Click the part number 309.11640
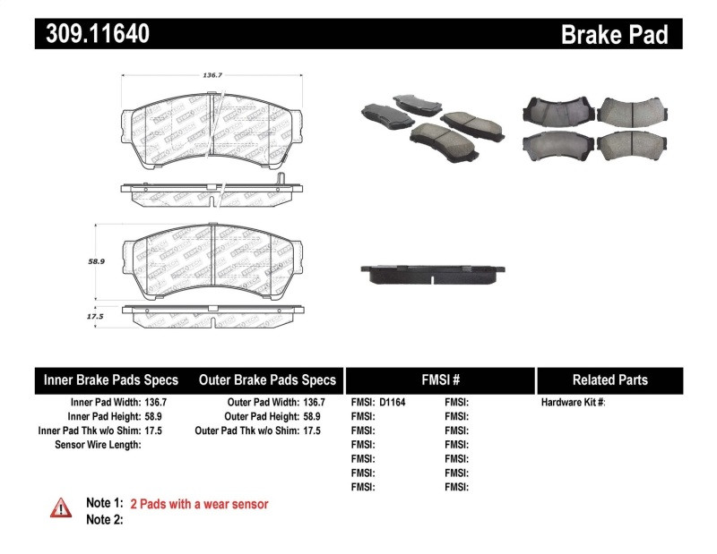[92, 35]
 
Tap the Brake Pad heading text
[614, 35]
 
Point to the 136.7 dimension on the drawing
[212, 76]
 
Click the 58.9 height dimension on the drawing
[97, 261]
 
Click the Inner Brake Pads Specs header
[111, 379]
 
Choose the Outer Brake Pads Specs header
[268, 379]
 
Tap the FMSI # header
[440, 379]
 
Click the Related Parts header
[609, 379]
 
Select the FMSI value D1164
[393, 403]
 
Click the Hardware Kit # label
[573, 403]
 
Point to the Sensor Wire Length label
[99, 445]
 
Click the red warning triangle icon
[60, 507]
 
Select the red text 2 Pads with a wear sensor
[199, 504]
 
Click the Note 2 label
[104, 519]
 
